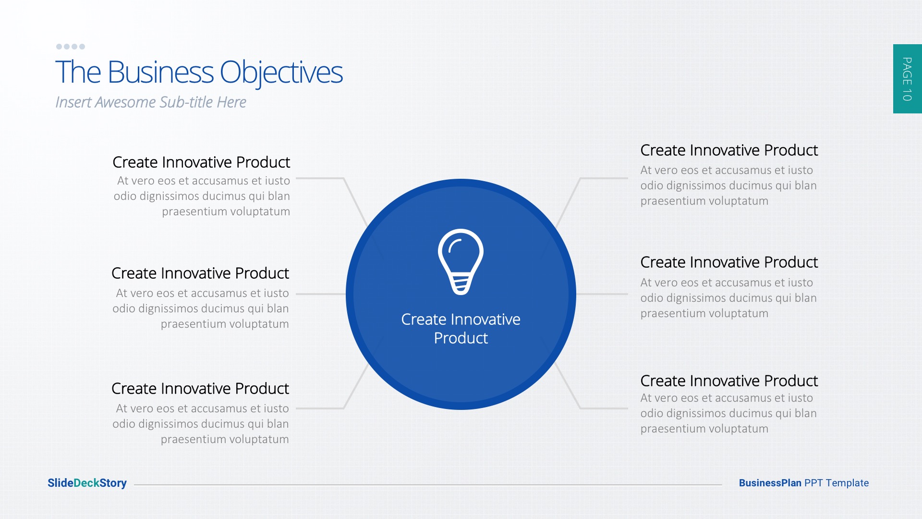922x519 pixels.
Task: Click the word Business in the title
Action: [160, 73]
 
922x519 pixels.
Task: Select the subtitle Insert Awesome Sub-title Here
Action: [151, 102]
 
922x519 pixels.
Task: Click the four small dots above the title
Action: [71, 47]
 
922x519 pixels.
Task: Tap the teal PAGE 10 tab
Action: [907, 79]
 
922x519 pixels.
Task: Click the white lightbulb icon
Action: [461, 261]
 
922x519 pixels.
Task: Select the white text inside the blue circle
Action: [461, 329]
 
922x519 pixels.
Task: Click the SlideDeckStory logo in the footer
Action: [87, 483]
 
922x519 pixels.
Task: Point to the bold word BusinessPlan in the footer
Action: [770, 483]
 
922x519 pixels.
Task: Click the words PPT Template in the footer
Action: [837, 483]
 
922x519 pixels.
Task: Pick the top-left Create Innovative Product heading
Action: [201, 162]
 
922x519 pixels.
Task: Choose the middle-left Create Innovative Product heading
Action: [200, 273]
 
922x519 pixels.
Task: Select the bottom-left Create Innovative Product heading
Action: [200, 389]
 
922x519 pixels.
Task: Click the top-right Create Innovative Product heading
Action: [729, 150]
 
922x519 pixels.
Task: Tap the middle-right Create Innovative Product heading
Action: [729, 262]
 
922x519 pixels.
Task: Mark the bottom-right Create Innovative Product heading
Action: [729, 381]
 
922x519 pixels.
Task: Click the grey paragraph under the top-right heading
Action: [728, 185]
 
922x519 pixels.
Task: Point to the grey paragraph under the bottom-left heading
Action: [201, 424]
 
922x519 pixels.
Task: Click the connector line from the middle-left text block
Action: [321, 294]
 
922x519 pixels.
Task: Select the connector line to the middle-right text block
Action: [602, 294]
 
